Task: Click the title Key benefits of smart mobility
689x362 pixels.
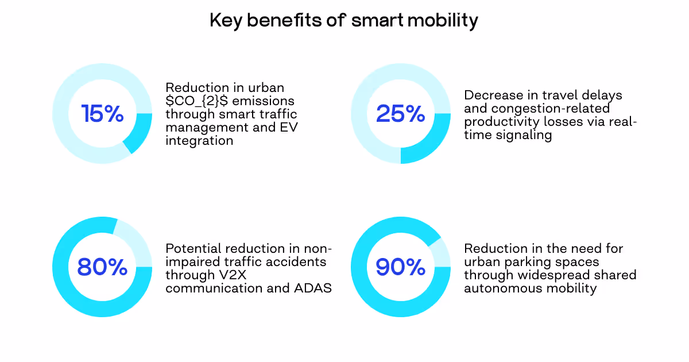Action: tap(343, 21)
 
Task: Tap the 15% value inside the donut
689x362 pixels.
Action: tap(102, 114)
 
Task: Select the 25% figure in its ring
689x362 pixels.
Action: tap(400, 114)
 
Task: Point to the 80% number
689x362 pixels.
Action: tap(102, 267)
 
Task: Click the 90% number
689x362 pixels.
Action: tap(400, 267)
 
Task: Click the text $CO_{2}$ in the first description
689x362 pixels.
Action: tap(199, 101)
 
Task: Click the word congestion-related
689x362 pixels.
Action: tap(537, 108)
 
